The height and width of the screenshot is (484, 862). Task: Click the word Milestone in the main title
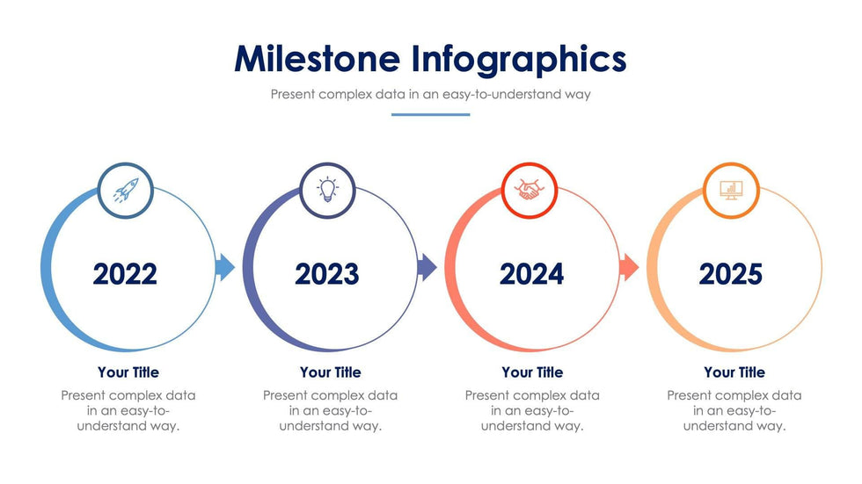click(318, 58)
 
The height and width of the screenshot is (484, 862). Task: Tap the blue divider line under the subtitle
click(430, 115)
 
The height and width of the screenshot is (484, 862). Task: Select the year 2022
click(125, 274)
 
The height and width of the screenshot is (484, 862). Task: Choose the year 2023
click(326, 274)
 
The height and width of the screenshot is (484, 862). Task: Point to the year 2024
click(531, 274)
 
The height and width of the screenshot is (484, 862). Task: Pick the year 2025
click(731, 274)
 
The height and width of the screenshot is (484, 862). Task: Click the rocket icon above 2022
click(126, 190)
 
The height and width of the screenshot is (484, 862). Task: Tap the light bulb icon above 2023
click(327, 190)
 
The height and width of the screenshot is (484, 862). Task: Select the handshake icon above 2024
click(529, 190)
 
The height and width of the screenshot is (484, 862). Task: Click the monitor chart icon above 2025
click(731, 191)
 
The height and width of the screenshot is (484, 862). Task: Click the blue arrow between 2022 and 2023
click(225, 267)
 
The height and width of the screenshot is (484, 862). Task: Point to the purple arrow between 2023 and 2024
click(427, 267)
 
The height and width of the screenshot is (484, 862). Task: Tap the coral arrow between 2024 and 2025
click(630, 267)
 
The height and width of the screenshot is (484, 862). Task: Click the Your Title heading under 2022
click(128, 372)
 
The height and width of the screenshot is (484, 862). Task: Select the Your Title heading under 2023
click(331, 372)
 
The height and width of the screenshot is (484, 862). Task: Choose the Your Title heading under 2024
click(532, 372)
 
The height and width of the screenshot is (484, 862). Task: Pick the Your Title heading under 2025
click(734, 372)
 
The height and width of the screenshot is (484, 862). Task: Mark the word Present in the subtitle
click(293, 94)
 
